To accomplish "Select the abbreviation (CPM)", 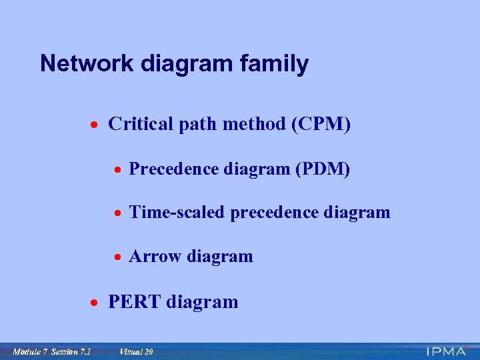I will coord(321,124).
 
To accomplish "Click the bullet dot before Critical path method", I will coord(96,125).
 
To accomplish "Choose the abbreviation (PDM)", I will coord(322,169).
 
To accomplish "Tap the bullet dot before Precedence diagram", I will coord(117,171).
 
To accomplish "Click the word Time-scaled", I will coord(177,213).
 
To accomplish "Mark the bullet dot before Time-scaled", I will coord(117,214).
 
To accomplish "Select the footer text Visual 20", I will coord(136,351).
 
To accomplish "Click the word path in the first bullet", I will coord(195,125).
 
